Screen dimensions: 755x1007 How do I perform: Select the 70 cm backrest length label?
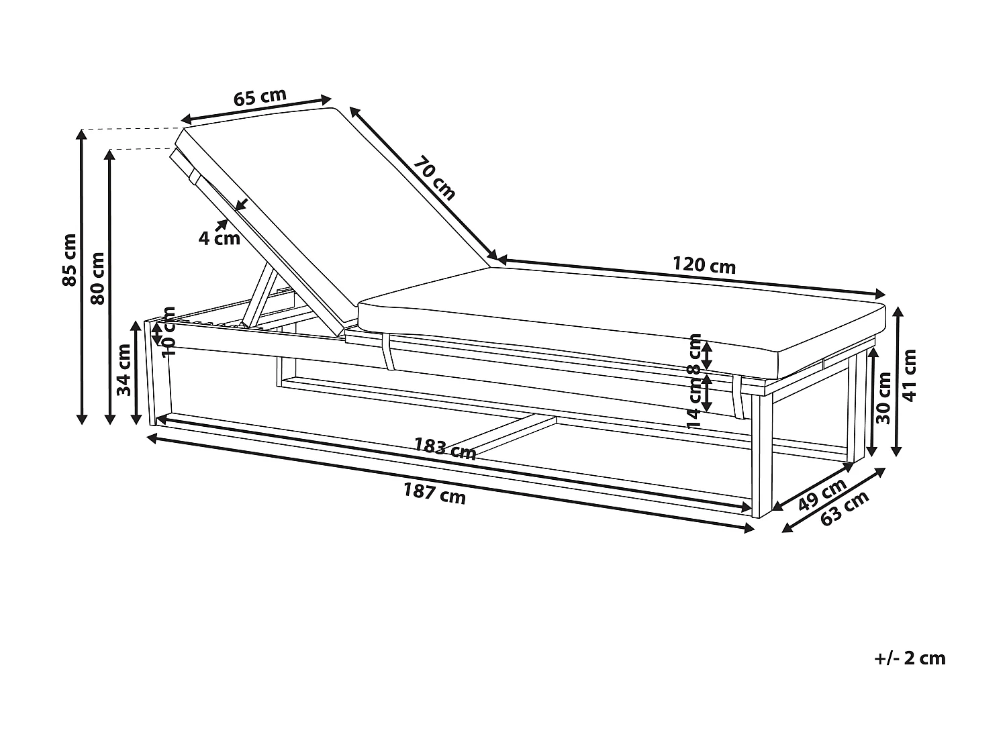(x=434, y=179)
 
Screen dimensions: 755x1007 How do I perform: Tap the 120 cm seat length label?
(x=704, y=266)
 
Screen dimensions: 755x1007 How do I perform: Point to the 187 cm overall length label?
(x=434, y=495)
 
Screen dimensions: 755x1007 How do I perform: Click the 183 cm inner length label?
(x=444, y=448)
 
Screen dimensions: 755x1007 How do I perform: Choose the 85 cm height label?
(x=69, y=260)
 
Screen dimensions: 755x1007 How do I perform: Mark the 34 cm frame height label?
(x=124, y=370)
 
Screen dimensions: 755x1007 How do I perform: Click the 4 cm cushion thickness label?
(x=219, y=238)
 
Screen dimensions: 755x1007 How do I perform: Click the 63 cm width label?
(x=845, y=510)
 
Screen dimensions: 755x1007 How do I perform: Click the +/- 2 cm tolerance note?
(x=910, y=658)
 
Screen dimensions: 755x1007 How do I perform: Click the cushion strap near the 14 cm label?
(x=739, y=397)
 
